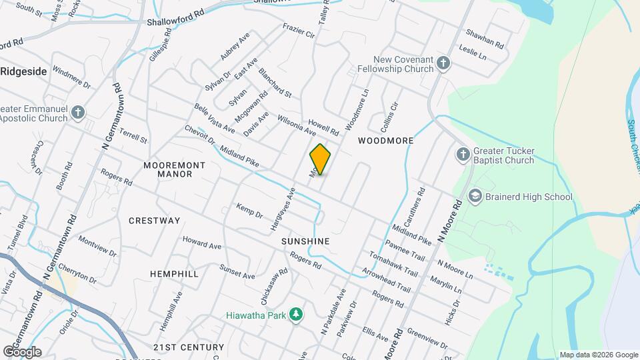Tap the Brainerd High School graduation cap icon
[x=475, y=197]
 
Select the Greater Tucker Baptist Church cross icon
[x=463, y=155]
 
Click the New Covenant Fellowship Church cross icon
[x=443, y=64]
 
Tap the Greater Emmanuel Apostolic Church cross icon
[x=78, y=113]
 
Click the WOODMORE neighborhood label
[x=385, y=141]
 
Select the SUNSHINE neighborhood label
[x=305, y=241]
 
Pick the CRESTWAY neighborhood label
[x=155, y=221]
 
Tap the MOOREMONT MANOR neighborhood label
[x=168, y=169]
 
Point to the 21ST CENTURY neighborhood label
[x=188, y=347]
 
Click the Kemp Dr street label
[x=249, y=211]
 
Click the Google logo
[x=23, y=351]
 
